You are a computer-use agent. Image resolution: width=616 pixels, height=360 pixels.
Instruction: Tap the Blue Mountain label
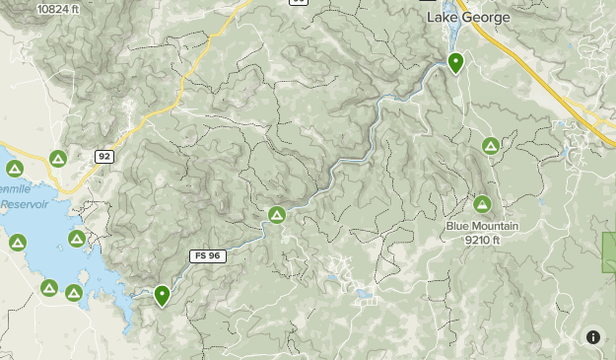coord(481,226)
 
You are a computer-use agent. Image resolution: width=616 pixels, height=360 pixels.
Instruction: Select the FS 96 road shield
coord(207,256)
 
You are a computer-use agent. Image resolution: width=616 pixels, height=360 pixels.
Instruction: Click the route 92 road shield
coord(104,156)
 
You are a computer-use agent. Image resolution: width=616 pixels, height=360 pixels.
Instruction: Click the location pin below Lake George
coord(456,63)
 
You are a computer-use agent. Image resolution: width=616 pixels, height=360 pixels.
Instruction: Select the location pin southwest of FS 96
coord(163,294)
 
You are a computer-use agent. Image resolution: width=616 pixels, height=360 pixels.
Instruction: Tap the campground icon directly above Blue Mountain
coord(482,205)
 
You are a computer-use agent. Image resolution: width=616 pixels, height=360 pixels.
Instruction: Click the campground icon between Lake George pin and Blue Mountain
coord(491,146)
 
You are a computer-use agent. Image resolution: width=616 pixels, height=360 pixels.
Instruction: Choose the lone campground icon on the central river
coord(277,215)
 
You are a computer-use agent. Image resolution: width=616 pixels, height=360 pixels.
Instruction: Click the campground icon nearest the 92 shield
coord(58,158)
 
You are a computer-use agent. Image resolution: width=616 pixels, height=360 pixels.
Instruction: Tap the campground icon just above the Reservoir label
coord(15,170)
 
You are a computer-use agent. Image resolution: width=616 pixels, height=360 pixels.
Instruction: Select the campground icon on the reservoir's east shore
coord(77,239)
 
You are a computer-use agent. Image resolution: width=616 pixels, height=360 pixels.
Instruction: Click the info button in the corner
coord(593,337)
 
